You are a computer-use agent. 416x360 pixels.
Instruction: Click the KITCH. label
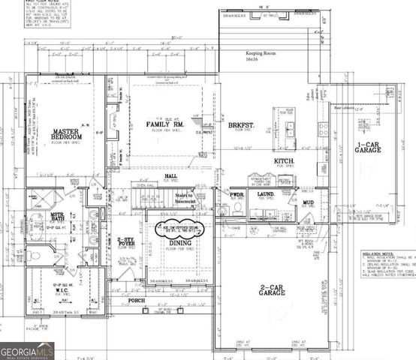(x=282, y=161)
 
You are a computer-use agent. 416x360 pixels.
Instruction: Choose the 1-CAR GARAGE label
(x=368, y=146)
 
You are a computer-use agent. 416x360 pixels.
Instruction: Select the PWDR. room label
(x=237, y=193)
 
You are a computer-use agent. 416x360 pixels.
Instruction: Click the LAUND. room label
(x=266, y=193)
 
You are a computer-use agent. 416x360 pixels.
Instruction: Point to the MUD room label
(x=308, y=202)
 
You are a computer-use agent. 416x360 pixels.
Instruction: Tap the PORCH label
(x=136, y=301)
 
